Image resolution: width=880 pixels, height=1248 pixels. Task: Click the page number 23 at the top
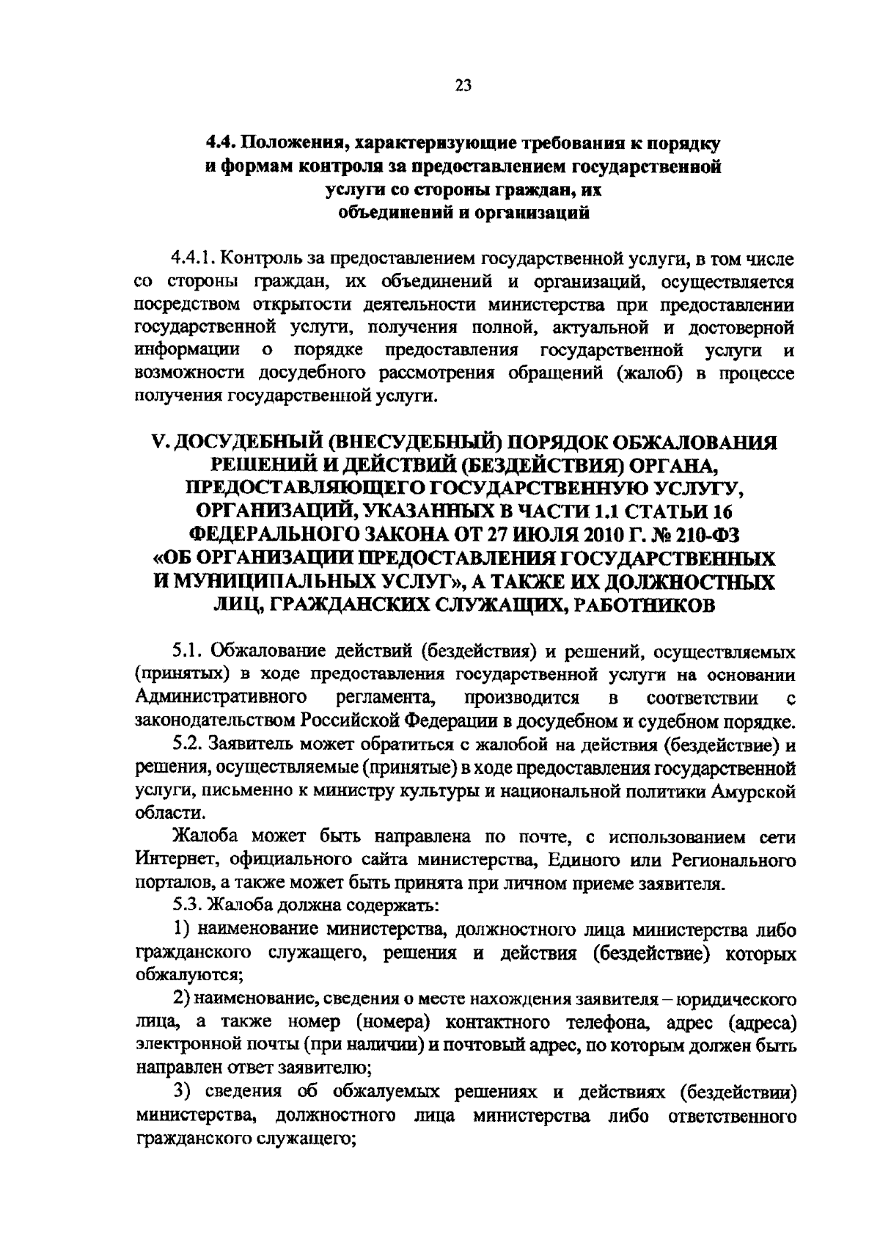point(463,85)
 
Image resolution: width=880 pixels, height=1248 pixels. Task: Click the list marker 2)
point(183,999)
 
